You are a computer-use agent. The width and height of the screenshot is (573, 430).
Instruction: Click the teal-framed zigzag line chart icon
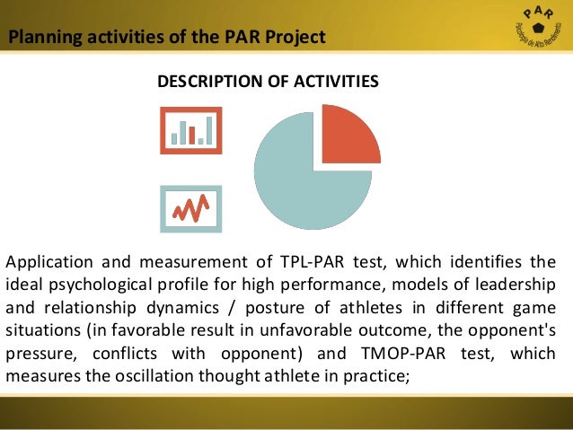[190, 209]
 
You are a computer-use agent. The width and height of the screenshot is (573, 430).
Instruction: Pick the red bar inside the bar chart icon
[192, 136]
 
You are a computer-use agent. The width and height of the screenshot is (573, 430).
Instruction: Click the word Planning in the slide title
[40, 38]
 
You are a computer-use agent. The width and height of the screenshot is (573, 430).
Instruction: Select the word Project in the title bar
[296, 38]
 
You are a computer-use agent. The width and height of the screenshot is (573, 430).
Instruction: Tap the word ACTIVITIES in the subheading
[333, 82]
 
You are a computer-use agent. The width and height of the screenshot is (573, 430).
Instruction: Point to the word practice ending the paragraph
[380, 376]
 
